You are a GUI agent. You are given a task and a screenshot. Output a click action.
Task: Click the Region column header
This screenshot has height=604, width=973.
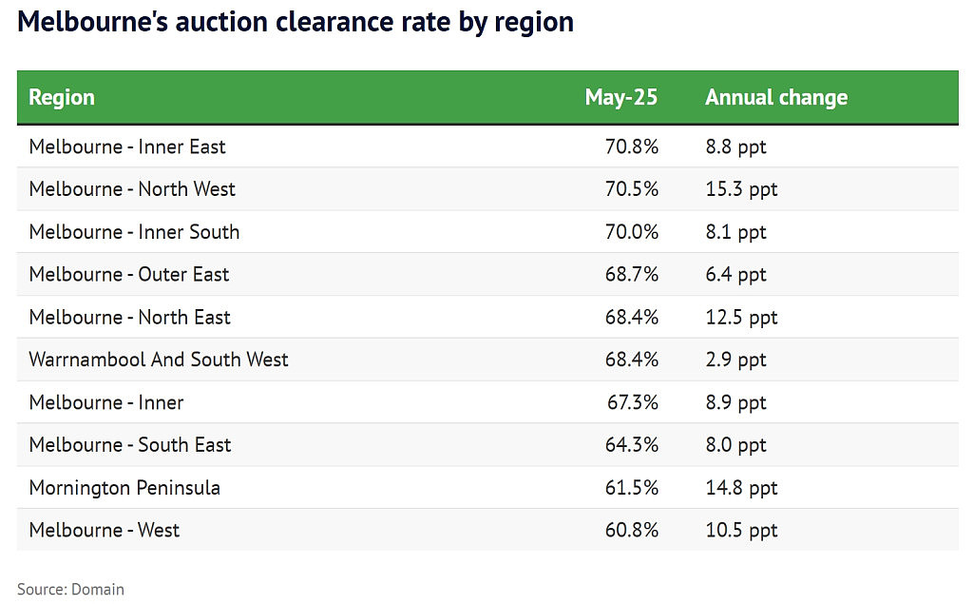click(x=62, y=98)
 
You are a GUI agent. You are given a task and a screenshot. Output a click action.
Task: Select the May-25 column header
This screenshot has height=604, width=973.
click(x=621, y=98)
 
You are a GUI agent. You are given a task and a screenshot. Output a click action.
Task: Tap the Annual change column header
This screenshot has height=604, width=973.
click(x=776, y=98)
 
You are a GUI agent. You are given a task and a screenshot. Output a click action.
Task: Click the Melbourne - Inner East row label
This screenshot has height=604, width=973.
click(x=127, y=146)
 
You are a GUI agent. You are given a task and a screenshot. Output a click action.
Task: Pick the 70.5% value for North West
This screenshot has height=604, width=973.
click(x=632, y=189)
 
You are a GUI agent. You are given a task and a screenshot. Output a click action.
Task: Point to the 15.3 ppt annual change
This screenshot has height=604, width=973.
click(x=741, y=189)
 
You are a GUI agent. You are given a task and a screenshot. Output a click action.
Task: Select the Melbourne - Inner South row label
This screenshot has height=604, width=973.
click(x=134, y=232)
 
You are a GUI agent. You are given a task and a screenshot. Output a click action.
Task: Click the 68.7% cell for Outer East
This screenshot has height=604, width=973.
click(x=632, y=274)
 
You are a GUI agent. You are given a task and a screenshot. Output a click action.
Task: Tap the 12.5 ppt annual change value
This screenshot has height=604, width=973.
click(x=741, y=318)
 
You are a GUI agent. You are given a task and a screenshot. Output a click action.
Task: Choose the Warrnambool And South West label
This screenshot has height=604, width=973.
click(x=159, y=360)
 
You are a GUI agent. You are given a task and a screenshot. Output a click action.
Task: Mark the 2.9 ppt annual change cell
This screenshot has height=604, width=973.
click(x=736, y=360)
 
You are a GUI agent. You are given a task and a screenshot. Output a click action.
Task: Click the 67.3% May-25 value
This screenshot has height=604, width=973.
click(x=632, y=402)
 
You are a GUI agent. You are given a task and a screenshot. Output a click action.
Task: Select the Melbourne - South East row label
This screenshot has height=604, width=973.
click(x=129, y=444)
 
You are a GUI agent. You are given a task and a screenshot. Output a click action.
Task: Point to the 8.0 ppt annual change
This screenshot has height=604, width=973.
click(x=736, y=445)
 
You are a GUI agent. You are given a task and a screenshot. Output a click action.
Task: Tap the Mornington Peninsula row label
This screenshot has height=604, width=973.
click(x=124, y=488)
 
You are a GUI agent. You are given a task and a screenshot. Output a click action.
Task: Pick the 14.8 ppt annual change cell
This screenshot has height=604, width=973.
click(x=741, y=488)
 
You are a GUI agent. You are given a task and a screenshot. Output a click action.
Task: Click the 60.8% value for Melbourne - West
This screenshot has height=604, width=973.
click(x=632, y=530)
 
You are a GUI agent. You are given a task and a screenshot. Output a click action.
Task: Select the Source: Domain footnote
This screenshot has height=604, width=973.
click(x=70, y=589)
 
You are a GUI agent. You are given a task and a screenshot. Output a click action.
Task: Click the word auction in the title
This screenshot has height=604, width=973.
click(x=221, y=23)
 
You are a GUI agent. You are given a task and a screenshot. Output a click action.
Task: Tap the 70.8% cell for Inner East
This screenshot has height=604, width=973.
click(x=632, y=146)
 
